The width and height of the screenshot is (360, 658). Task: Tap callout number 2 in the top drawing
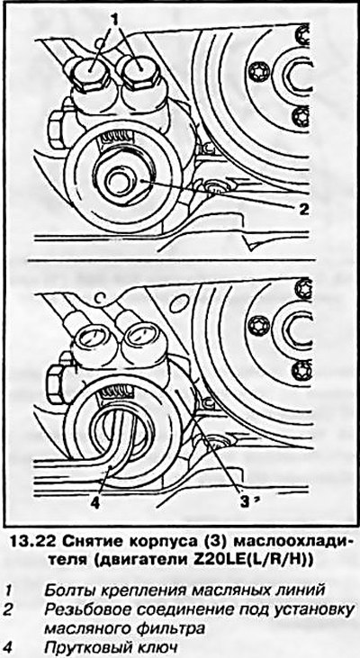click(303, 209)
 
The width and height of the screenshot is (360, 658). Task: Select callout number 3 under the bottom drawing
click(244, 500)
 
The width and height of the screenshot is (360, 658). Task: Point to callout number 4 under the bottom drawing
click(95, 502)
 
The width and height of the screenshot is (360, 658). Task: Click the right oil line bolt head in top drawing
click(139, 73)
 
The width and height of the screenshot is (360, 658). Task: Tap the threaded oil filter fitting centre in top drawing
click(121, 181)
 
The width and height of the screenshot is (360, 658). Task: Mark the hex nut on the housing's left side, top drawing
click(56, 130)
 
